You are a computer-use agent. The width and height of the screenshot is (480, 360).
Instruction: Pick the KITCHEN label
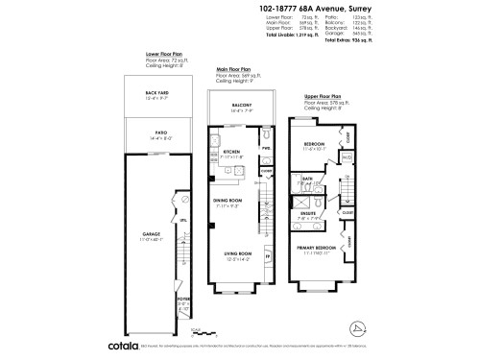[230, 152]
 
